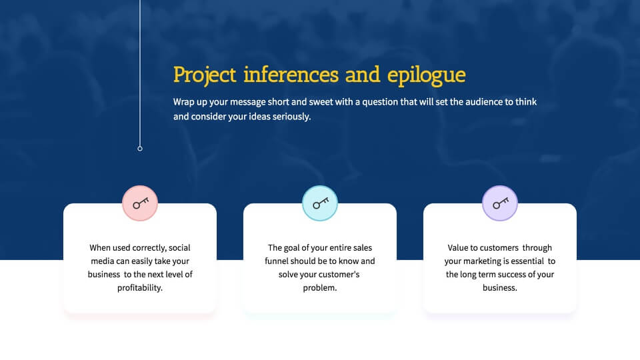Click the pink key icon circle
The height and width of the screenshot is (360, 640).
140,203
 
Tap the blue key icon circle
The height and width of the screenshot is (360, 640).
320,203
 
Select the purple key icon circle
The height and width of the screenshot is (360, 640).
500,203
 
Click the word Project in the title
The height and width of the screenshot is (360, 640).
205,75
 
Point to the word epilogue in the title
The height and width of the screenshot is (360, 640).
426,75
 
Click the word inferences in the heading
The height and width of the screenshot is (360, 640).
291,75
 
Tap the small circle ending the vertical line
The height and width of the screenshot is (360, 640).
140,149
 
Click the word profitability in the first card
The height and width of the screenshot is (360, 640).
139,288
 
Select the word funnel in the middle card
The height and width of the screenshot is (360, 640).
275,261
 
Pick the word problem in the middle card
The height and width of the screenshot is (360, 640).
319,288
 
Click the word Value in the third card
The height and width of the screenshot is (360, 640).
457,248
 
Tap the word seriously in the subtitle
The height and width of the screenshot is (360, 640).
291,117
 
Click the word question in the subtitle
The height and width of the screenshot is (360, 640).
379,102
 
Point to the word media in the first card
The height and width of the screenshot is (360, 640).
102,261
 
